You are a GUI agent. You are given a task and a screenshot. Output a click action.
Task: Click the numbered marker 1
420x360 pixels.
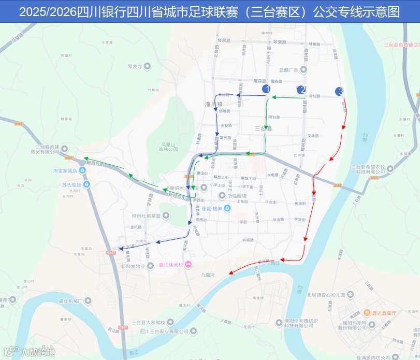click(x=267, y=89)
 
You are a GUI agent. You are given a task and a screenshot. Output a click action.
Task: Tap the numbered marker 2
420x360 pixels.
click(x=301, y=90)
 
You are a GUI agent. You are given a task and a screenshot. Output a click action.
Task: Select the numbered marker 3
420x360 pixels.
click(x=340, y=92)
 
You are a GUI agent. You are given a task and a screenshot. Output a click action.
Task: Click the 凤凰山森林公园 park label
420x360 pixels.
click(x=169, y=147)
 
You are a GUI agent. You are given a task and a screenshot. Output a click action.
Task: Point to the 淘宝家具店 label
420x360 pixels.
click(x=65, y=170)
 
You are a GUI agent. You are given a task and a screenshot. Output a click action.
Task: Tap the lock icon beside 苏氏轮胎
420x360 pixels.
click(x=86, y=184)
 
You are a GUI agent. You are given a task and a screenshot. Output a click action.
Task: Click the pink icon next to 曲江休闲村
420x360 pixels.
click(x=188, y=265)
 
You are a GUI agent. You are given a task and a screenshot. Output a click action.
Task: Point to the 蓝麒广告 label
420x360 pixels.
click(x=288, y=70)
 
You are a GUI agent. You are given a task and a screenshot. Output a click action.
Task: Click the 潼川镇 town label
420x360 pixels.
click(x=213, y=104)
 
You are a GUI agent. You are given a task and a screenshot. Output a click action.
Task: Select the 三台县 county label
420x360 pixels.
click(x=263, y=128)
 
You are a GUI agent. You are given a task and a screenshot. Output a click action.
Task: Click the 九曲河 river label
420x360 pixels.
click(x=208, y=275)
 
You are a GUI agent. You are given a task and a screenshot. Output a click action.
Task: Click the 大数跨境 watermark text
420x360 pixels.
click(x=37, y=352)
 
